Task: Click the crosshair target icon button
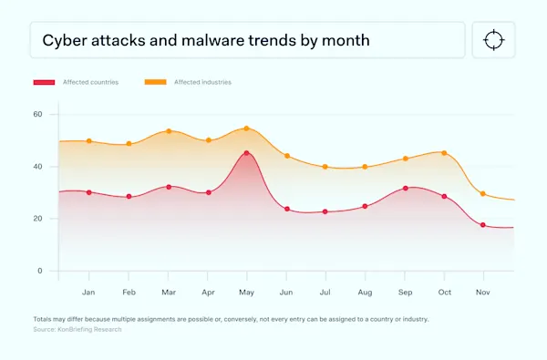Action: click(x=493, y=41)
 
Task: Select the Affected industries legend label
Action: click(x=204, y=82)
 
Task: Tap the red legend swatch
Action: click(x=45, y=82)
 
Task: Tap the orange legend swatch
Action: click(x=156, y=82)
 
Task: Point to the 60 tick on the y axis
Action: click(x=38, y=114)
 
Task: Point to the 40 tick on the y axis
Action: click(x=38, y=167)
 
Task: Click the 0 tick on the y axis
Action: click(x=40, y=271)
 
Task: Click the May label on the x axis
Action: click(x=246, y=292)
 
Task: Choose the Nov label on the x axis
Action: click(x=483, y=292)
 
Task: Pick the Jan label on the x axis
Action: click(x=88, y=292)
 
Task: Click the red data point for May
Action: click(x=246, y=153)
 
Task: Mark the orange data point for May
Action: click(x=246, y=129)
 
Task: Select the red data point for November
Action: click(x=483, y=225)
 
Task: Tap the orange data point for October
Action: click(x=444, y=152)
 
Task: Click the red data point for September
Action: click(x=405, y=189)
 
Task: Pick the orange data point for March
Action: click(x=168, y=131)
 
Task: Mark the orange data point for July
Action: click(x=325, y=167)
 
